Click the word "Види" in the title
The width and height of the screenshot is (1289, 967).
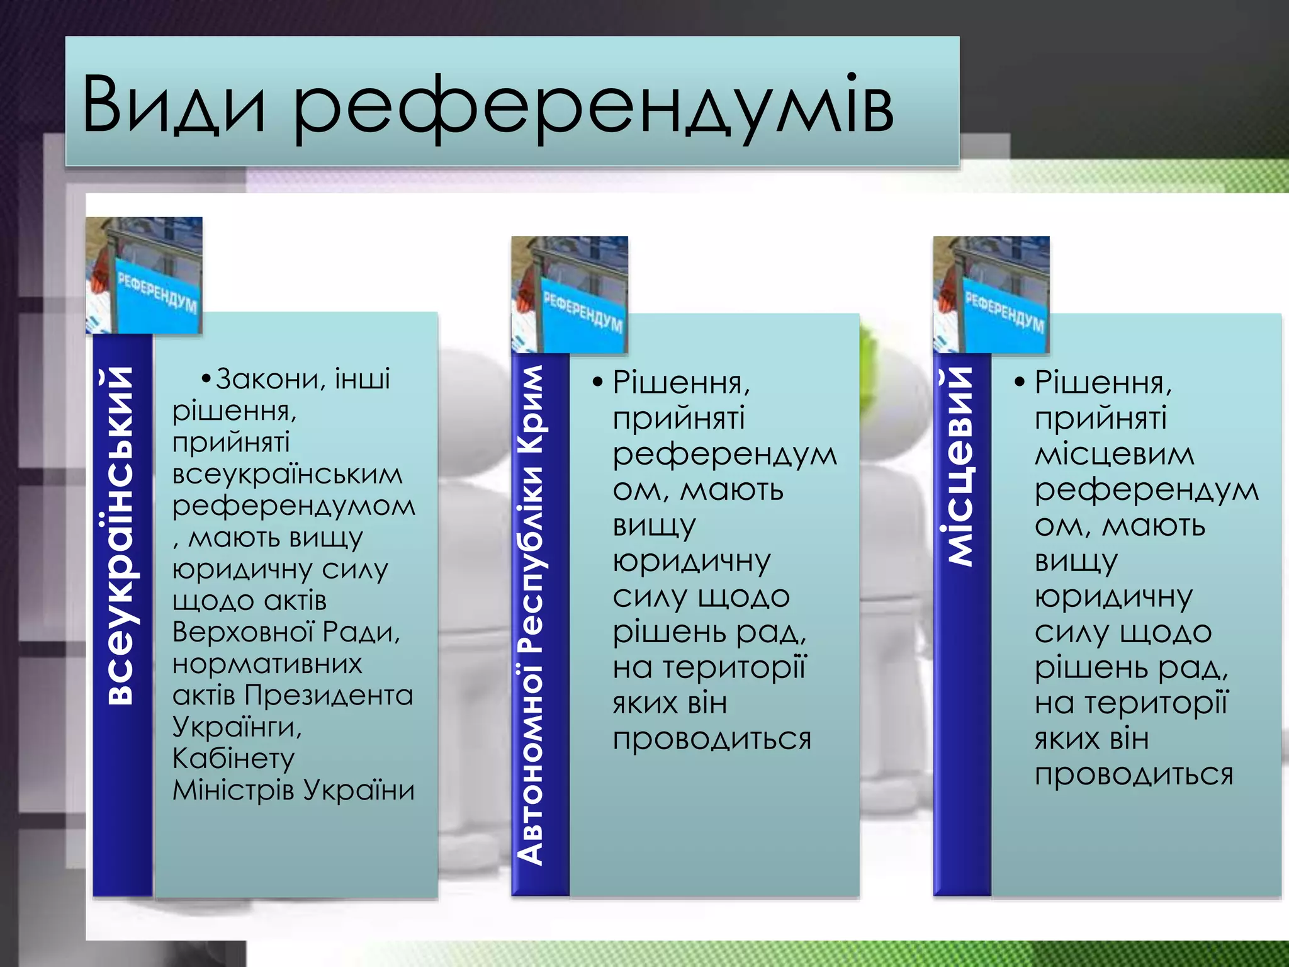(x=174, y=105)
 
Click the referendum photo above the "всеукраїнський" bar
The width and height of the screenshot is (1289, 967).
(x=144, y=275)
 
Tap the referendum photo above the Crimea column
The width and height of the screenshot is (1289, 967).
(x=570, y=294)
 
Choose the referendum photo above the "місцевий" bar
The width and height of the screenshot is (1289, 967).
(x=991, y=294)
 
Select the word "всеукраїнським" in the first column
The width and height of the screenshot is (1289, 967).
(x=288, y=474)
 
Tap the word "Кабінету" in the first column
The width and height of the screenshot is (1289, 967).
(x=234, y=759)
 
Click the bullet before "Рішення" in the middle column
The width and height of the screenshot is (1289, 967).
(x=597, y=382)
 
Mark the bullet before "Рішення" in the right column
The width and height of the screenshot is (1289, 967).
(x=1020, y=382)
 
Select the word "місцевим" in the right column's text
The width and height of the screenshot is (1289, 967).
(x=1115, y=454)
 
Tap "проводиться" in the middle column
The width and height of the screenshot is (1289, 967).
(x=712, y=739)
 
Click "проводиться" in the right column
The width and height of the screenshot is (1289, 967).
(x=1134, y=774)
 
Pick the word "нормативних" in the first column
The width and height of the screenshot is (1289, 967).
(x=267, y=664)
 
